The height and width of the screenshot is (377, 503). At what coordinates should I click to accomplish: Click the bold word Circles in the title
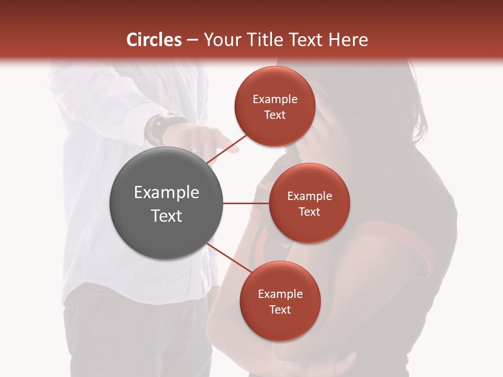(154, 40)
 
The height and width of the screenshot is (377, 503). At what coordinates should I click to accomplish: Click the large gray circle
(167, 203)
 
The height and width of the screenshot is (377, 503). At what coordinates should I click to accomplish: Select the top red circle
(275, 106)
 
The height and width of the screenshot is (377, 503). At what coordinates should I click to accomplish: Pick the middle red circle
(309, 203)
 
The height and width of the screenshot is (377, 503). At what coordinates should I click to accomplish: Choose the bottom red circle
(280, 301)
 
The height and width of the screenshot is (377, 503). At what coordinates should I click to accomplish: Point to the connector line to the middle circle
(246, 203)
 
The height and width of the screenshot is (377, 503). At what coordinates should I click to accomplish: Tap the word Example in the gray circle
(167, 193)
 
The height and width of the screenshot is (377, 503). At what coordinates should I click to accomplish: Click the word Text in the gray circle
(167, 215)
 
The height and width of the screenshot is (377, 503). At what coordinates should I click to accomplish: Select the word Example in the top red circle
(275, 99)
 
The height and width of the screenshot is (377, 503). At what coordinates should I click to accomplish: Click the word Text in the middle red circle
(309, 212)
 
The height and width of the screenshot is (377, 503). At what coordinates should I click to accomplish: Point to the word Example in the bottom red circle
(280, 294)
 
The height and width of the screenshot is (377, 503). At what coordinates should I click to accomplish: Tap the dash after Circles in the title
(192, 40)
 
